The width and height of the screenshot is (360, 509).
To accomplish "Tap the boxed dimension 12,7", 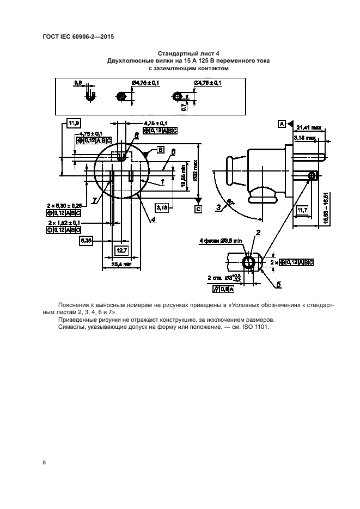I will tap(121, 251).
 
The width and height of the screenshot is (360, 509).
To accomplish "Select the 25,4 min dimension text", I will tap(121, 265).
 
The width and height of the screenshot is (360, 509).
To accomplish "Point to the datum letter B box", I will tap(161, 149).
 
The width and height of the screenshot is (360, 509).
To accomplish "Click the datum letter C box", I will tap(199, 208).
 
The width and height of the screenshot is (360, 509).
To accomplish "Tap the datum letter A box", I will tap(282, 124).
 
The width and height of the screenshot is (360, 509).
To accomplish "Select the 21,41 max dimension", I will tap(309, 127).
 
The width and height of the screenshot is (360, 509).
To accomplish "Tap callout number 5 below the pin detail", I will tap(278, 284).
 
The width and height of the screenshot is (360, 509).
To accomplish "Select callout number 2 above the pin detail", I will tap(258, 232).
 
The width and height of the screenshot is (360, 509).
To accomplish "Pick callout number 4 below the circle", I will tap(154, 219).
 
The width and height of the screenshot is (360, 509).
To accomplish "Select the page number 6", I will tap(44, 463).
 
